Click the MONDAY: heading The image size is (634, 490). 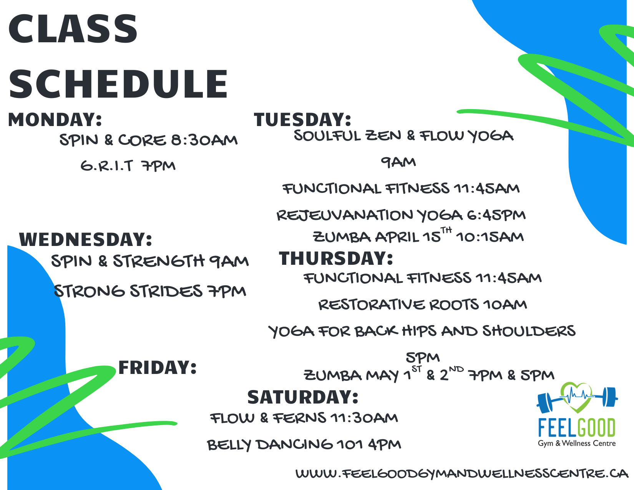click(55, 120)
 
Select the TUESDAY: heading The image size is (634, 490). click(302, 120)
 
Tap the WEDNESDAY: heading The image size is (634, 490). click(85, 239)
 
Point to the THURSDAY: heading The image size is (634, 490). click(336, 258)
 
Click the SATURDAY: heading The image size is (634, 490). click(302, 397)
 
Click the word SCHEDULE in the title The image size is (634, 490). click(118, 84)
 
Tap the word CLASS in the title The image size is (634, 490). click(73, 29)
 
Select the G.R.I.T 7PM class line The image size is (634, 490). click(128, 166)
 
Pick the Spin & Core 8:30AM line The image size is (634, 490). click(148, 140)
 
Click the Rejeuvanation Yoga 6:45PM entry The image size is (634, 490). click(401, 215)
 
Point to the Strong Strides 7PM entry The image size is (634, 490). click(150, 291)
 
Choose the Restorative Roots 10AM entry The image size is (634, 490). click(423, 305)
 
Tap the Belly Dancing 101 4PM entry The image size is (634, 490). click(304, 445)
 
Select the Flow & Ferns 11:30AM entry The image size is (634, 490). click(304, 418)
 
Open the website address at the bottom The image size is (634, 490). click(462, 473)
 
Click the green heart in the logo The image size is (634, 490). click(576, 397)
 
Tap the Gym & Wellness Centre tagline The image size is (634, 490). click(577, 443)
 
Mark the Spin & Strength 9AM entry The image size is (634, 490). click(150, 261)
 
